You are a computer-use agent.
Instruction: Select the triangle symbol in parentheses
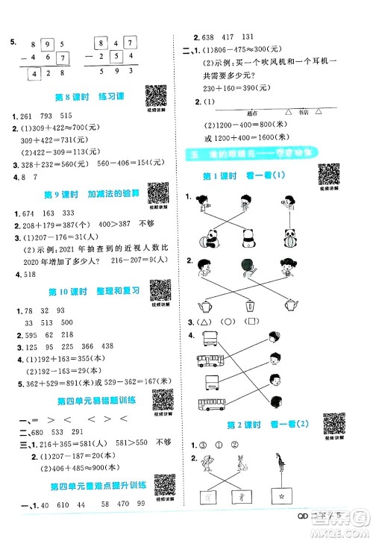click(204, 321)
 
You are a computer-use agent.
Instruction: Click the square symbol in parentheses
click(253, 321)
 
